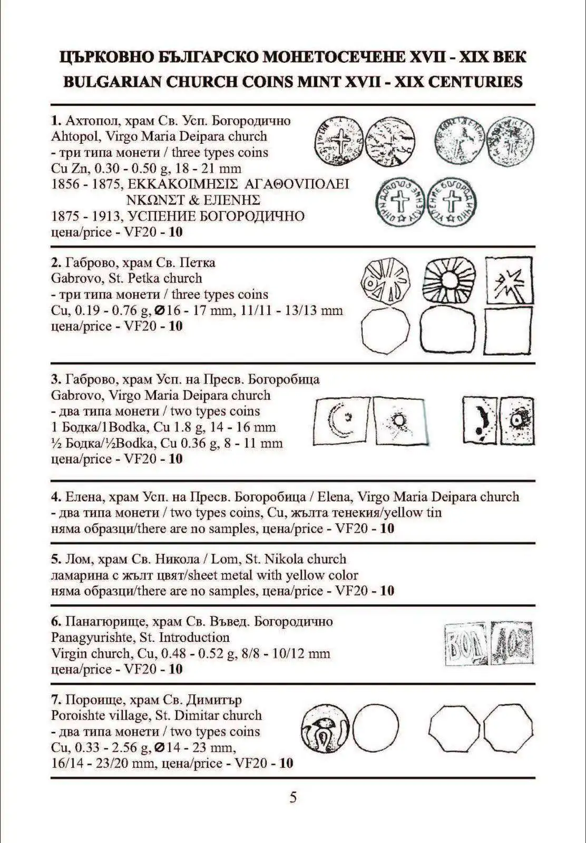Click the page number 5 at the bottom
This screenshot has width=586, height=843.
pyautogui.click(x=293, y=797)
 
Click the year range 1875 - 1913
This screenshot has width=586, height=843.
pyautogui.click(x=86, y=217)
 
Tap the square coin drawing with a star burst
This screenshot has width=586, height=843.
pyautogui.click(x=508, y=280)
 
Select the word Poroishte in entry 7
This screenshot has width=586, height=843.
pyautogui.click(x=81, y=715)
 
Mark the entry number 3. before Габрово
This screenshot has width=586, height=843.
pyautogui.click(x=56, y=379)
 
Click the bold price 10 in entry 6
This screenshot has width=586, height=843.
pyautogui.click(x=175, y=670)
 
